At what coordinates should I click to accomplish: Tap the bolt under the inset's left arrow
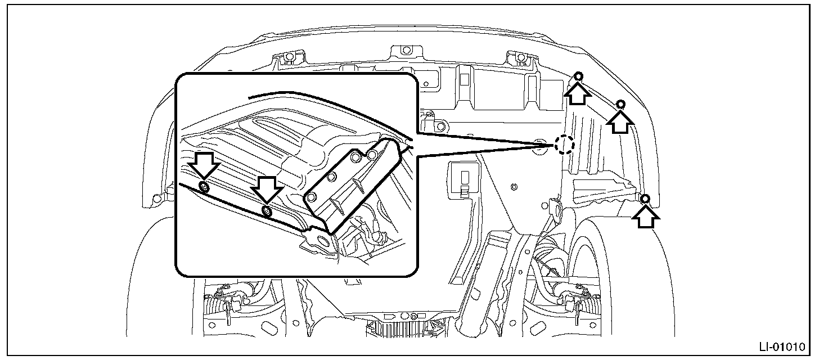point(204,187)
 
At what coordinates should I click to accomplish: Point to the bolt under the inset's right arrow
point(267,211)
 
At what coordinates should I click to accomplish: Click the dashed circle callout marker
point(564,145)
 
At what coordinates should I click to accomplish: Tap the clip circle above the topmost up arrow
point(579,76)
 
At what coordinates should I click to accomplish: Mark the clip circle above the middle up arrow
point(621,105)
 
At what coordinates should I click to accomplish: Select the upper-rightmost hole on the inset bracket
point(372,154)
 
